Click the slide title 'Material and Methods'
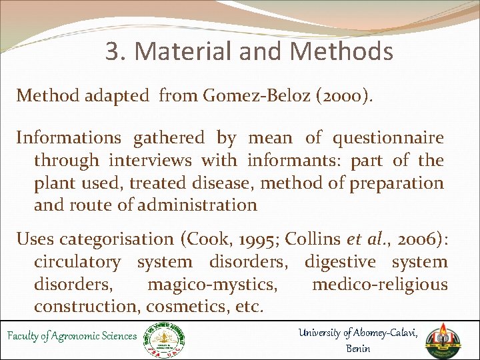coord(249,51)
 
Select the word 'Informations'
coord(69,138)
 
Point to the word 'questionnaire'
coord(388,138)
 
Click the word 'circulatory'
coord(77,262)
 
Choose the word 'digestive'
coord(340,262)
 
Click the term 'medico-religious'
coord(380,285)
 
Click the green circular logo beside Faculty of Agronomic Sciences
coord(167,338)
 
